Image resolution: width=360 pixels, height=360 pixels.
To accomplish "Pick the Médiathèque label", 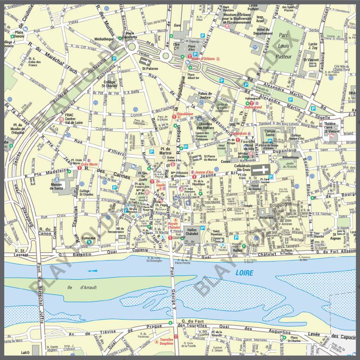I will (x=103, y=39).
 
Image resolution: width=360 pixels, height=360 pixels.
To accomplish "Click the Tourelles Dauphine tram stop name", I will (x=166, y=342).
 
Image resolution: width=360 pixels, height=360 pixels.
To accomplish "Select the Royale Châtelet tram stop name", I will (x=173, y=226).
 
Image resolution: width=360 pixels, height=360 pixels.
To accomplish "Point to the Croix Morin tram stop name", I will (x=89, y=164).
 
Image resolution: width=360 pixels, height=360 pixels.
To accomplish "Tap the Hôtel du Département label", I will (x=264, y=31).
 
